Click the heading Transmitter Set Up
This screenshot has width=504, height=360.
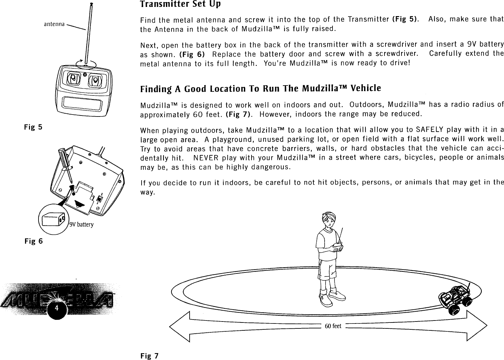click(x=180, y=5)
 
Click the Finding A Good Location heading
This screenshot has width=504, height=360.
click(x=260, y=89)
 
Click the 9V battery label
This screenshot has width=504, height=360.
click(x=82, y=225)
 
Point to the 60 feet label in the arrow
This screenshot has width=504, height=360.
click(x=333, y=326)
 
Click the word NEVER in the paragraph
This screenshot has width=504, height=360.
click(x=204, y=156)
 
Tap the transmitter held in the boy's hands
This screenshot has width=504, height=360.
click(x=338, y=245)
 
